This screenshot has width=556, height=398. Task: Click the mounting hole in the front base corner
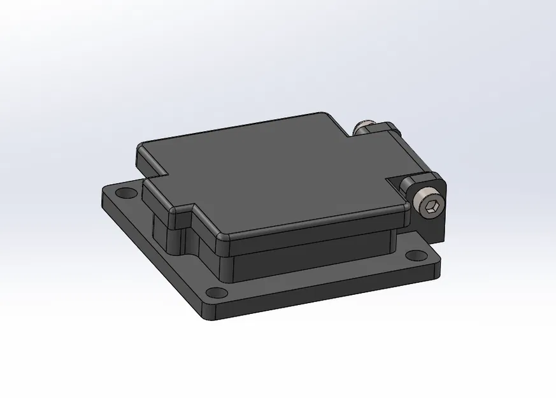(x=217, y=292)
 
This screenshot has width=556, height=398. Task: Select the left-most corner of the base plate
(x=102, y=191)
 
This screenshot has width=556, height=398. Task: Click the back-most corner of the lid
(x=328, y=115)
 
